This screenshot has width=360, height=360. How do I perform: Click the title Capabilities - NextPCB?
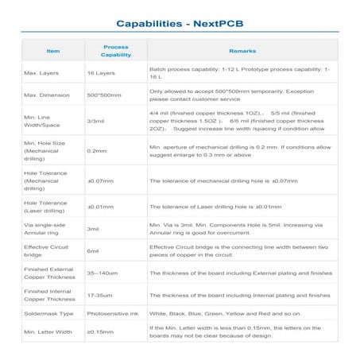tap(180, 24)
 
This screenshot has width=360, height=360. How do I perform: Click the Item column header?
tap(53, 51)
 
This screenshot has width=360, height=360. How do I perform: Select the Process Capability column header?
tap(116, 51)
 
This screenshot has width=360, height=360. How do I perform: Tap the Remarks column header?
tap(242, 51)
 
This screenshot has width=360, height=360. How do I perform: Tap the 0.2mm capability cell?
tap(96, 150)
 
